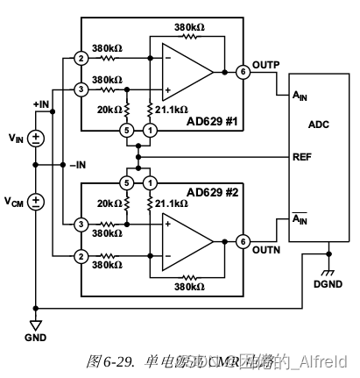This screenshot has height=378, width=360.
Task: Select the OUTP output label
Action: [x=266, y=65]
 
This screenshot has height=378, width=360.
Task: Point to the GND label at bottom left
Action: [x=35, y=336]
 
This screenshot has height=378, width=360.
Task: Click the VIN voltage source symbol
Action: [x=35, y=138]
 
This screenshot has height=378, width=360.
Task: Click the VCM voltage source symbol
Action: [x=35, y=202]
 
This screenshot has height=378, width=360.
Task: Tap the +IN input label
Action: [x=41, y=103]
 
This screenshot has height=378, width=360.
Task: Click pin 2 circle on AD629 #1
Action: [x=81, y=60]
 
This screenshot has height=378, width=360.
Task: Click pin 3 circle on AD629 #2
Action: [x=81, y=225]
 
